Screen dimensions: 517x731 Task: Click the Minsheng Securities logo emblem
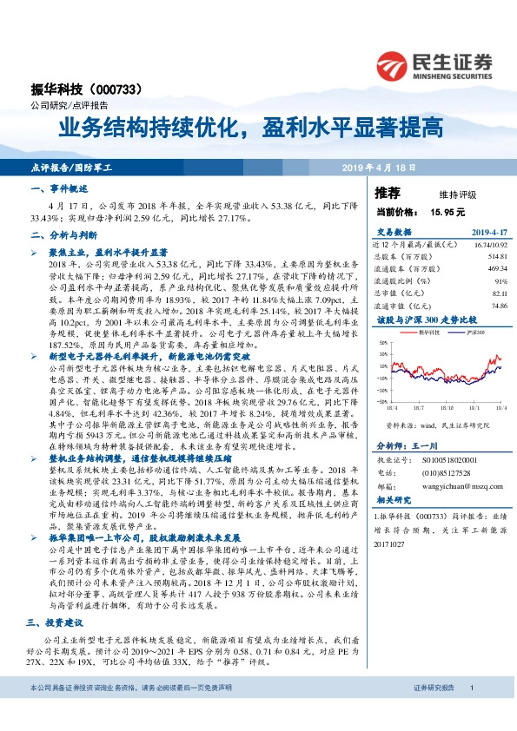coord(394,63)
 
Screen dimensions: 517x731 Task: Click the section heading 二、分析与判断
coord(63,234)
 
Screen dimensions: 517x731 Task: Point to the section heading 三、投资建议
coord(63,622)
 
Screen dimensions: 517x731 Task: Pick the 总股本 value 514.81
coord(496,257)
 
